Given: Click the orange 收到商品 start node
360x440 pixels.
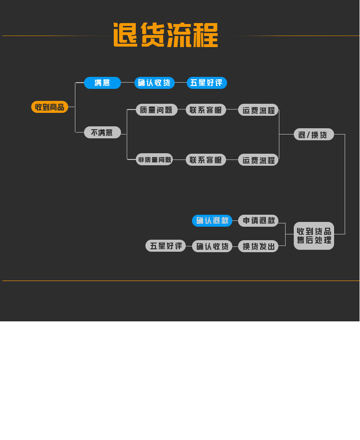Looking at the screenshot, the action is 49,107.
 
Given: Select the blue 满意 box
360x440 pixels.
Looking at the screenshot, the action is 102,83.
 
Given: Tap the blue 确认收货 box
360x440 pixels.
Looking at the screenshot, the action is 154,83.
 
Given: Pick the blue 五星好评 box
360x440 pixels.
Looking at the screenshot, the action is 206,83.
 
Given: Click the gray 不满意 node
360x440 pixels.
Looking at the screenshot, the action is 102,133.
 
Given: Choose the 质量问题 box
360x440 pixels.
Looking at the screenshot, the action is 156,110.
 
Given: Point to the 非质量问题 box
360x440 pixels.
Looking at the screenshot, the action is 154,159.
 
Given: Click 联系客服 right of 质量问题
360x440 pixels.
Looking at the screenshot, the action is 206,110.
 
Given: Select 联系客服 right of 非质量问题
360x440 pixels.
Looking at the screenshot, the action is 206,160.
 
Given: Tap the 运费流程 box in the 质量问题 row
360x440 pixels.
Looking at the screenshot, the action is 258,110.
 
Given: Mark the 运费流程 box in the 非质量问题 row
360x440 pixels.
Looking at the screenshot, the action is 258,160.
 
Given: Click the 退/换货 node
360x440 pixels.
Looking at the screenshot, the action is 314,134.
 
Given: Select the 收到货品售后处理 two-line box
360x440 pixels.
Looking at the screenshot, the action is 314,236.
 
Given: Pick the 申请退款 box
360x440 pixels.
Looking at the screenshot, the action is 258,220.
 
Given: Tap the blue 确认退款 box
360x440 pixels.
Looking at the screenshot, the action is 212,220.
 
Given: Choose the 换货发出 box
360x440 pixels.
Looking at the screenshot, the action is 258,246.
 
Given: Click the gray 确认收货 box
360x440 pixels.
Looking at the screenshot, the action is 212,246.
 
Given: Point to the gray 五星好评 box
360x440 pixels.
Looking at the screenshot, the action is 166,246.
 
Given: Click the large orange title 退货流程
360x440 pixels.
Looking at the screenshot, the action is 166,35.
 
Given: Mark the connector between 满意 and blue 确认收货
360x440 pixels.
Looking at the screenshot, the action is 128,83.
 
